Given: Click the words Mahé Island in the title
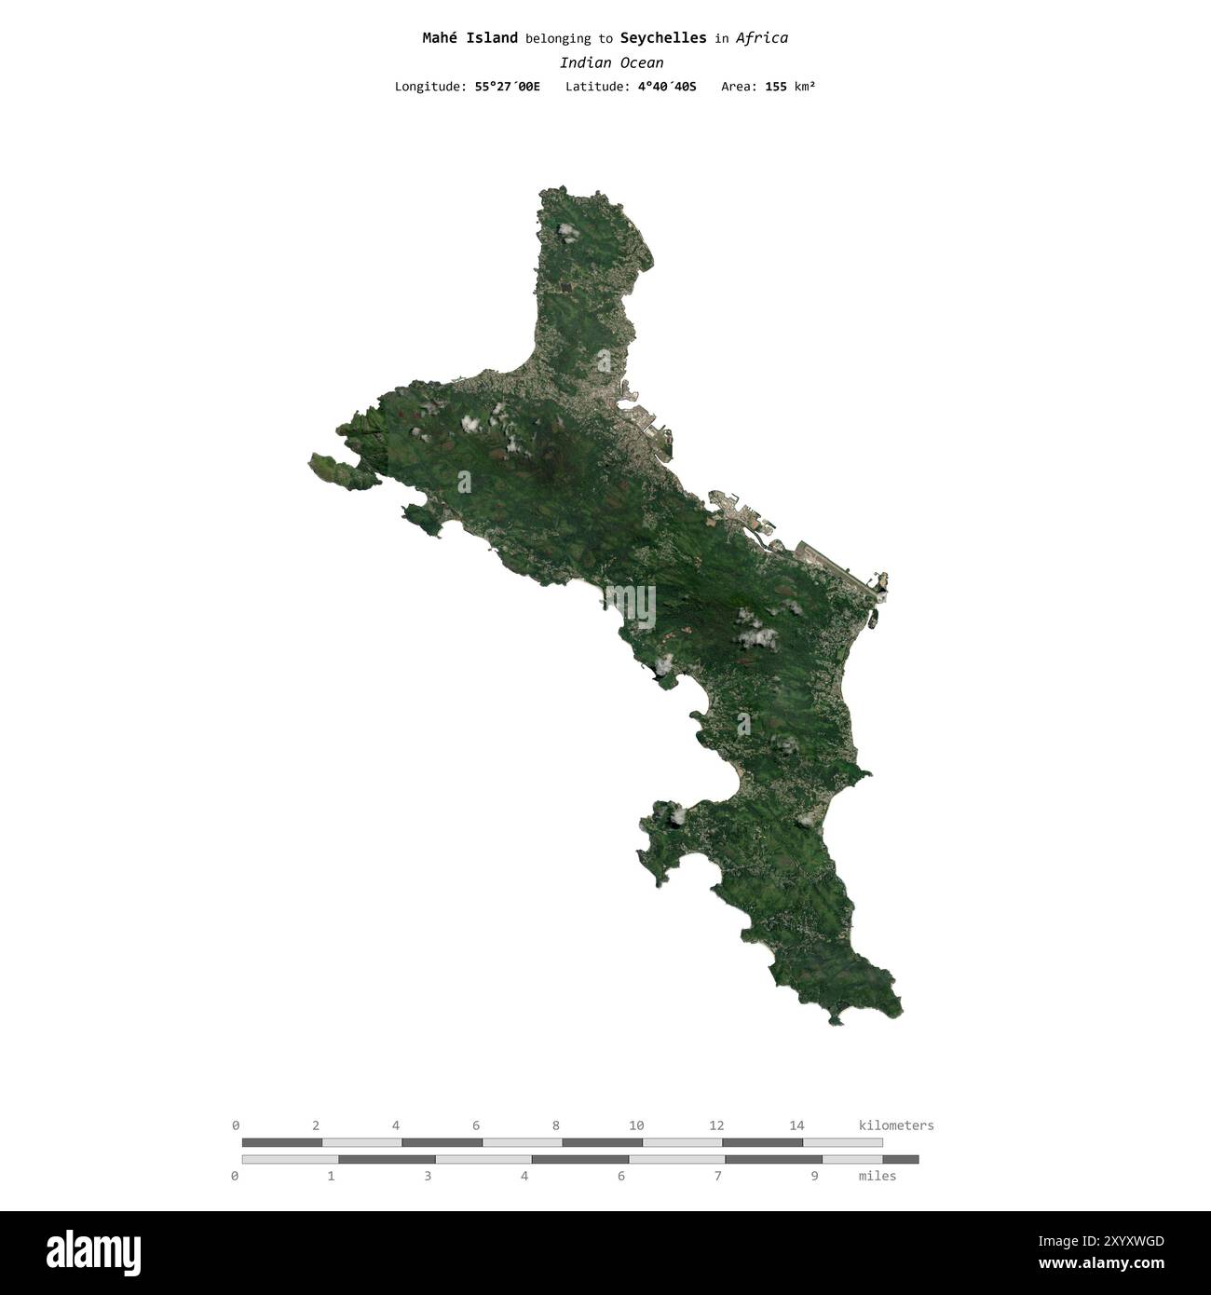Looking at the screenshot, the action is click(x=469, y=38).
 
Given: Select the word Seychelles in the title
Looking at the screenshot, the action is click(x=662, y=38).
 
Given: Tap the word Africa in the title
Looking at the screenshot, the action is click(x=761, y=38).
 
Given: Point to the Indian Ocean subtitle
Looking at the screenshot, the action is click(x=611, y=62).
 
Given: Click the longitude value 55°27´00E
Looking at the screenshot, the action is click(x=507, y=87).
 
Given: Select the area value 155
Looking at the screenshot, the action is click(x=775, y=87).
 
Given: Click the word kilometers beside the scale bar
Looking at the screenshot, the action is click(x=895, y=1125).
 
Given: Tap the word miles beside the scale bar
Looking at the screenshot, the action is click(x=877, y=1176).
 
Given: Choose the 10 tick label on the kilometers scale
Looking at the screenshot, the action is click(x=636, y=1125).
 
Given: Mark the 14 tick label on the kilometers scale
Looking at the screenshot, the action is click(x=796, y=1125).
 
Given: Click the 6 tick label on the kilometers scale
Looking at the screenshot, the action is click(x=476, y=1125).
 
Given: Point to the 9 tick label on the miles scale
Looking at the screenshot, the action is click(x=814, y=1176).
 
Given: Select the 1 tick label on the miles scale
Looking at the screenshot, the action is click(x=331, y=1176).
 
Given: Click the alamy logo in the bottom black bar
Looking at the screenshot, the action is click(x=93, y=1253).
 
